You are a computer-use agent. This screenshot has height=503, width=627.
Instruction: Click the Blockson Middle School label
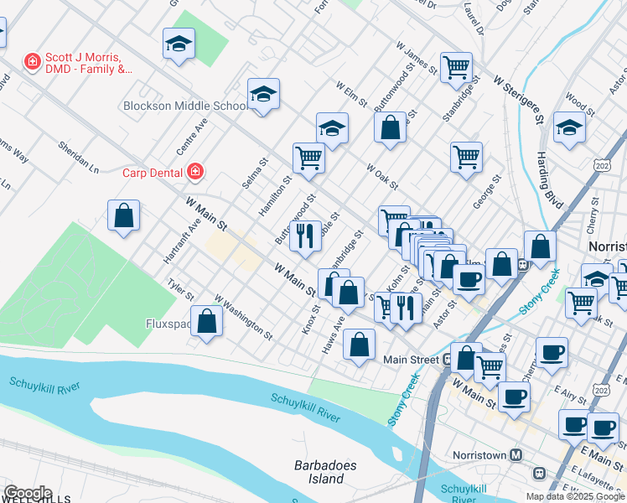184,106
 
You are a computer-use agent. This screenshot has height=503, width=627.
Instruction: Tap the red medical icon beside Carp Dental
195,172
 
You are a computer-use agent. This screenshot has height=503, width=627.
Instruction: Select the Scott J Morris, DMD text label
90,62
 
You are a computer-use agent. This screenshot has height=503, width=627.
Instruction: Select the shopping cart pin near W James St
456,67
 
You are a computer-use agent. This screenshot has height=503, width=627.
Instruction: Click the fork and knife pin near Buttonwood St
305,236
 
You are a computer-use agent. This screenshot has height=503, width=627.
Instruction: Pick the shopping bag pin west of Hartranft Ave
124,215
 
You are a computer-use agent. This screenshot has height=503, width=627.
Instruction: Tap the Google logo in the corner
27,493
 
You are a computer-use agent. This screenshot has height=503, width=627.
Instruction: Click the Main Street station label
411,360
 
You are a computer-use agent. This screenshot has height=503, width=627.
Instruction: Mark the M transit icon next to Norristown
516,455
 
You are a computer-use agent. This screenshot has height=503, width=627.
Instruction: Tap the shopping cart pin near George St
466,157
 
